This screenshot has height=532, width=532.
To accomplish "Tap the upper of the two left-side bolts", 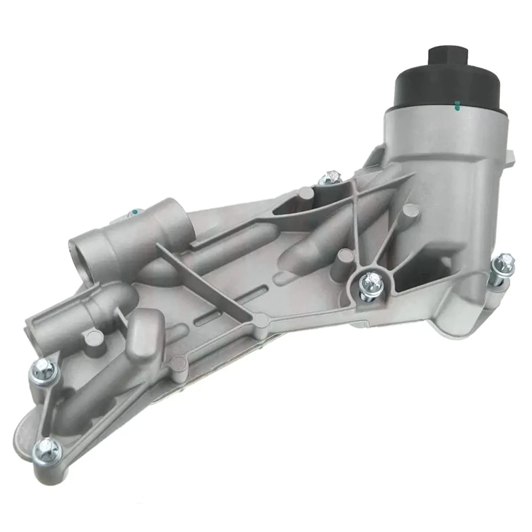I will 41,367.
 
